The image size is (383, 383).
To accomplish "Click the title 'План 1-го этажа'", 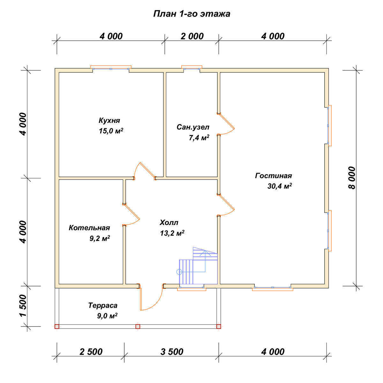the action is tap(191, 14).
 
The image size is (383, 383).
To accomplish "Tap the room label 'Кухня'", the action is tap(109, 120).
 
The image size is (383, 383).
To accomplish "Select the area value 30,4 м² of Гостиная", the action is tap(280, 186).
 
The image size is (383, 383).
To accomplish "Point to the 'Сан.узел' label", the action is tap(193, 127).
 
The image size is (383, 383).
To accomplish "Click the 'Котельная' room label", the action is tap(89, 228).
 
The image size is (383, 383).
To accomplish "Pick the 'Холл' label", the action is tap(169, 222).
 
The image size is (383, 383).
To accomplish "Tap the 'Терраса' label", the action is tap(103, 305).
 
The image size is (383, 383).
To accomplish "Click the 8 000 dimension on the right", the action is tap(352, 178).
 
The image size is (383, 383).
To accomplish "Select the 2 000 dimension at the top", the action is tap(192, 36).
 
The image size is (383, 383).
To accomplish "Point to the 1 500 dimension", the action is tap(23, 305).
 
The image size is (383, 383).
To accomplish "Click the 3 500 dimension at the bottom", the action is tap(172, 352).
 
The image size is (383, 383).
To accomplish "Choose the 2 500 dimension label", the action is tap(91, 352).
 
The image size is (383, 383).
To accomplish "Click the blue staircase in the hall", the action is tap(198, 266).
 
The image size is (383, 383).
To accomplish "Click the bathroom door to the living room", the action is tap(226, 124).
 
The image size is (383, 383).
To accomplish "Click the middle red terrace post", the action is tap(138, 327).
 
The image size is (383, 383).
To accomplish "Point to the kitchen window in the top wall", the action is tap(111, 68).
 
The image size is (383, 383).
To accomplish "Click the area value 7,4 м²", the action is tap(199, 138).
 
